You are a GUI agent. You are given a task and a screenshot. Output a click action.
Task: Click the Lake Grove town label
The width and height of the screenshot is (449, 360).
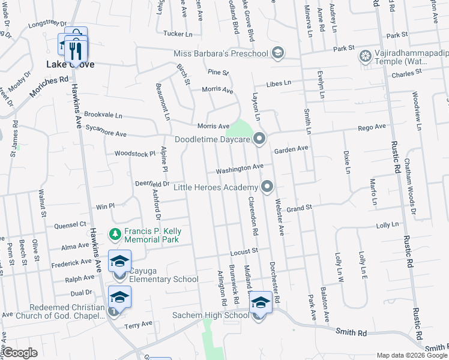tap(70, 64)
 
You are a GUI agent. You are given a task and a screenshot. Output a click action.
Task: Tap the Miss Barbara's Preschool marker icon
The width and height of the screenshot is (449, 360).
tap(277, 54)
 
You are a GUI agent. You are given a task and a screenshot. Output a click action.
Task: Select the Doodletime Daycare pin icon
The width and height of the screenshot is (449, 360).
tap(259, 139)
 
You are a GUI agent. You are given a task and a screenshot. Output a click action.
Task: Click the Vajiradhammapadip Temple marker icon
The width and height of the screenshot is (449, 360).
tap(364, 57)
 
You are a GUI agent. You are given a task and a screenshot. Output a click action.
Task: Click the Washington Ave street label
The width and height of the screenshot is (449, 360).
tap(240, 169)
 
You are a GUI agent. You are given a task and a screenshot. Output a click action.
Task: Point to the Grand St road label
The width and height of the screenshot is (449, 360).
tap(300, 209)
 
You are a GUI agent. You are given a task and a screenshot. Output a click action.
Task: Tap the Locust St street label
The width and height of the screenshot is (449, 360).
tap(244, 250)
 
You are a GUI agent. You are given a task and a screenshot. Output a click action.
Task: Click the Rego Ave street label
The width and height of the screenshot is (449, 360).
tap(372, 127)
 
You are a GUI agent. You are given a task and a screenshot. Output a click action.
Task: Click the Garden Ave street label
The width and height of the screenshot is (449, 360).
tap(291, 148)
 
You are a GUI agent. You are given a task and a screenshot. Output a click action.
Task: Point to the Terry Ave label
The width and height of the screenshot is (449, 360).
tap(139, 325)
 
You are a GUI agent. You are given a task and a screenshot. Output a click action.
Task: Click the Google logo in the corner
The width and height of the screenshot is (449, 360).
tap(20, 353)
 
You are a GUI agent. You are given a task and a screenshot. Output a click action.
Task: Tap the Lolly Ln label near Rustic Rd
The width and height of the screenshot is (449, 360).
tap(387, 226)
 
